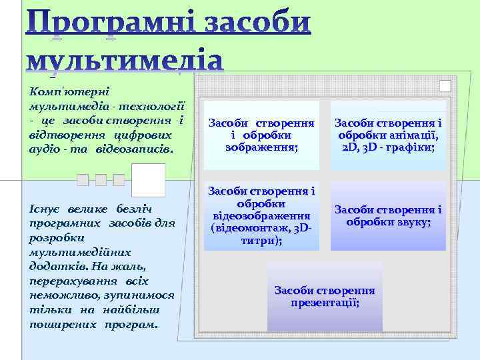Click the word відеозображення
(261, 216)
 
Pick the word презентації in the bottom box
(325, 303)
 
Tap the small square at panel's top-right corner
(445, 86)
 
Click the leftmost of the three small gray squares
(82, 179)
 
